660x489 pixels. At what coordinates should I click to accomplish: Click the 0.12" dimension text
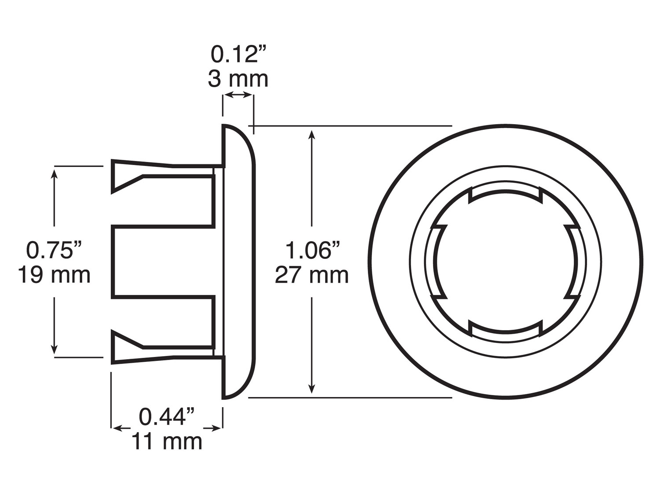click(x=239, y=55)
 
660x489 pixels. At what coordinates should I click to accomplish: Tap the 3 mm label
click(x=238, y=79)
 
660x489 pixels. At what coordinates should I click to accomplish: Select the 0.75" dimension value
click(x=55, y=250)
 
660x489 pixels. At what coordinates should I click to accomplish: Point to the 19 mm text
click(x=54, y=275)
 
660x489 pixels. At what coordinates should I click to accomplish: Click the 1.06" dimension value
click(x=312, y=250)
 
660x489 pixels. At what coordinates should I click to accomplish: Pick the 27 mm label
click(x=312, y=276)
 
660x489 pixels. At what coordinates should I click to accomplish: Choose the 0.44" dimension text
click(x=167, y=416)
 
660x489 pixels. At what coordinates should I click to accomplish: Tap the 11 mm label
click(x=167, y=441)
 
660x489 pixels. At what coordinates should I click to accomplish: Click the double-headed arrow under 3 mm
click(x=238, y=95)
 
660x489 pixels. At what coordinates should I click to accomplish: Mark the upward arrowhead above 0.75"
click(x=55, y=173)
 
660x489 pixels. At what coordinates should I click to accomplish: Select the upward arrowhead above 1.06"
click(x=312, y=134)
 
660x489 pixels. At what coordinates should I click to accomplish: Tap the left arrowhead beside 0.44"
click(x=117, y=428)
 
